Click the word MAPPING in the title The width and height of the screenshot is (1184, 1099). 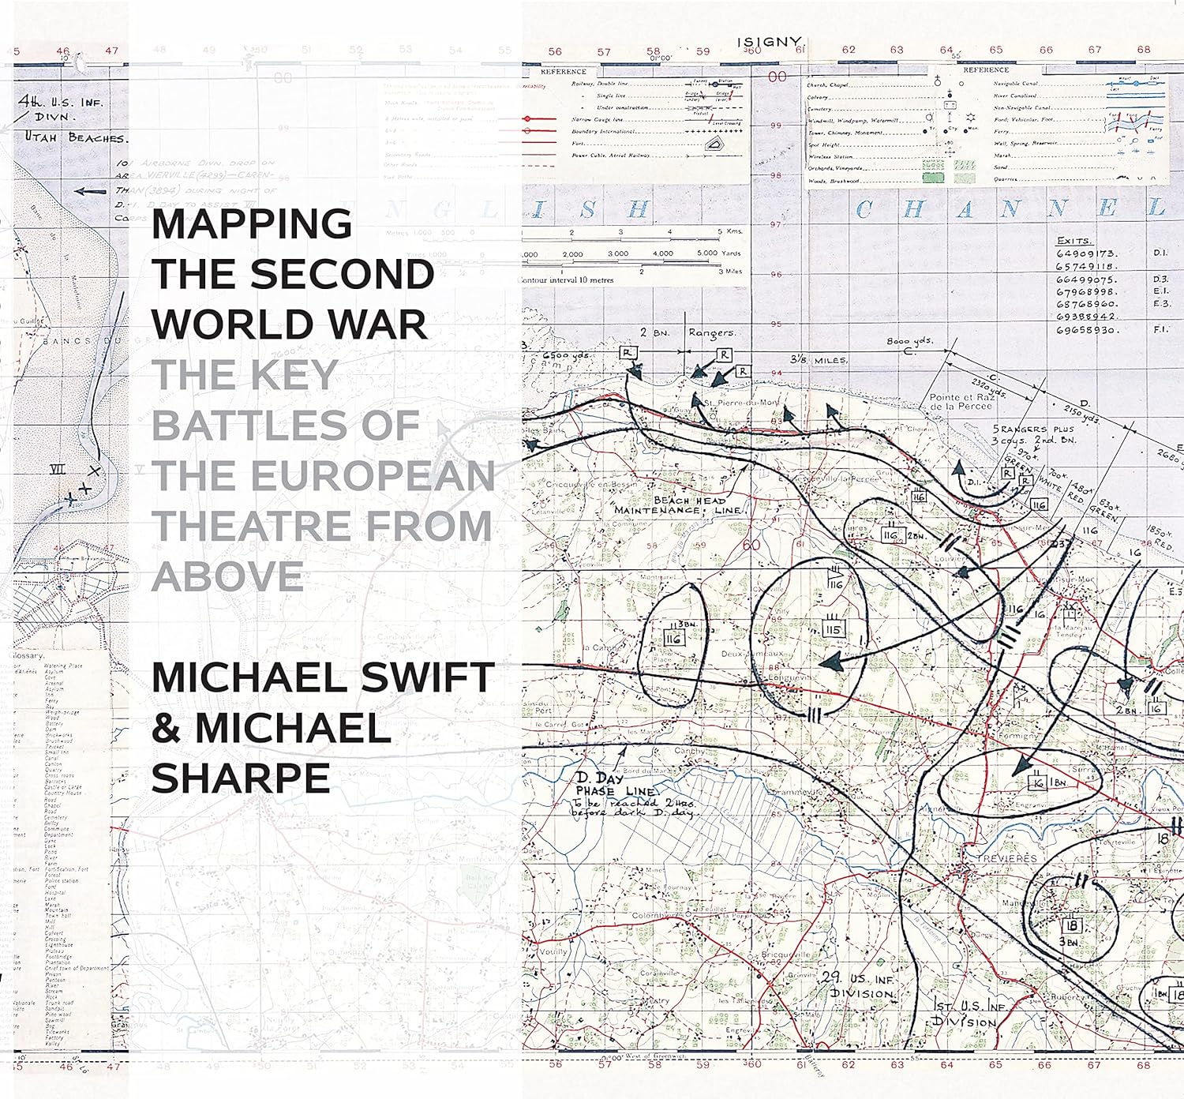coord(252,224)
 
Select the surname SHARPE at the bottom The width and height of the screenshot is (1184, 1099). coord(241,778)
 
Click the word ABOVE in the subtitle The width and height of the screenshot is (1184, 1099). coord(227,576)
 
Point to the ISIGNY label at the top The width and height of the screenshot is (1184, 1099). coord(769,43)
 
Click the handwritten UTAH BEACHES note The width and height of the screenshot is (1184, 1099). coord(75,138)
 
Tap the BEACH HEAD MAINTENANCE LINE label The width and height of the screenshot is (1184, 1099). coord(678,505)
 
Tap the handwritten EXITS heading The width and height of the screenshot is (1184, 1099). coord(1074,241)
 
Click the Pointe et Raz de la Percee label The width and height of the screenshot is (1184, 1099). coord(961,402)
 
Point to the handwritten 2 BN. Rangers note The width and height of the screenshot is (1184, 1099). coord(687,333)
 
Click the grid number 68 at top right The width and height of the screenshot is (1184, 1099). coord(1144,50)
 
